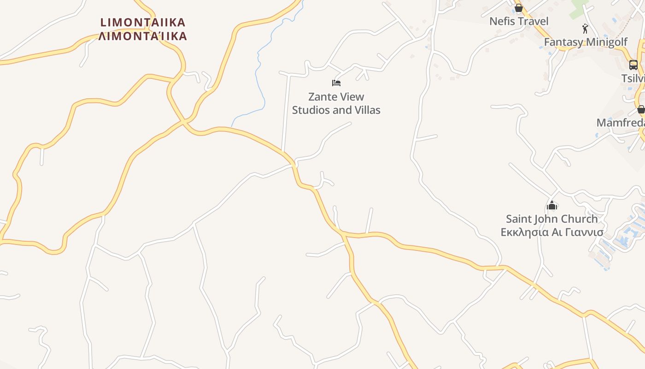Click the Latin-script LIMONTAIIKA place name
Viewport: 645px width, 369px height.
point(143,22)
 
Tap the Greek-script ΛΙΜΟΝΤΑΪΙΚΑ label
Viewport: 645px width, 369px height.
point(143,36)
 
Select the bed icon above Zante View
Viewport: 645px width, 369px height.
point(336,83)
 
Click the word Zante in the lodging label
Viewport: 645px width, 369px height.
point(321,97)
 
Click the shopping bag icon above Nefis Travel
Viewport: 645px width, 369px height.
point(519,8)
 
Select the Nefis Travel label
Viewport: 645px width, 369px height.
point(519,21)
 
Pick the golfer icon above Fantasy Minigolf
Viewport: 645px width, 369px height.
point(585,29)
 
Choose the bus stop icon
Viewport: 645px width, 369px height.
point(633,65)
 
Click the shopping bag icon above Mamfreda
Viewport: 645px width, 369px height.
point(641,109)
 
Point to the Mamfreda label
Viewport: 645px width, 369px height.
point(620,123)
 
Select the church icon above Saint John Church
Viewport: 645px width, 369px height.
point(552,205)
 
